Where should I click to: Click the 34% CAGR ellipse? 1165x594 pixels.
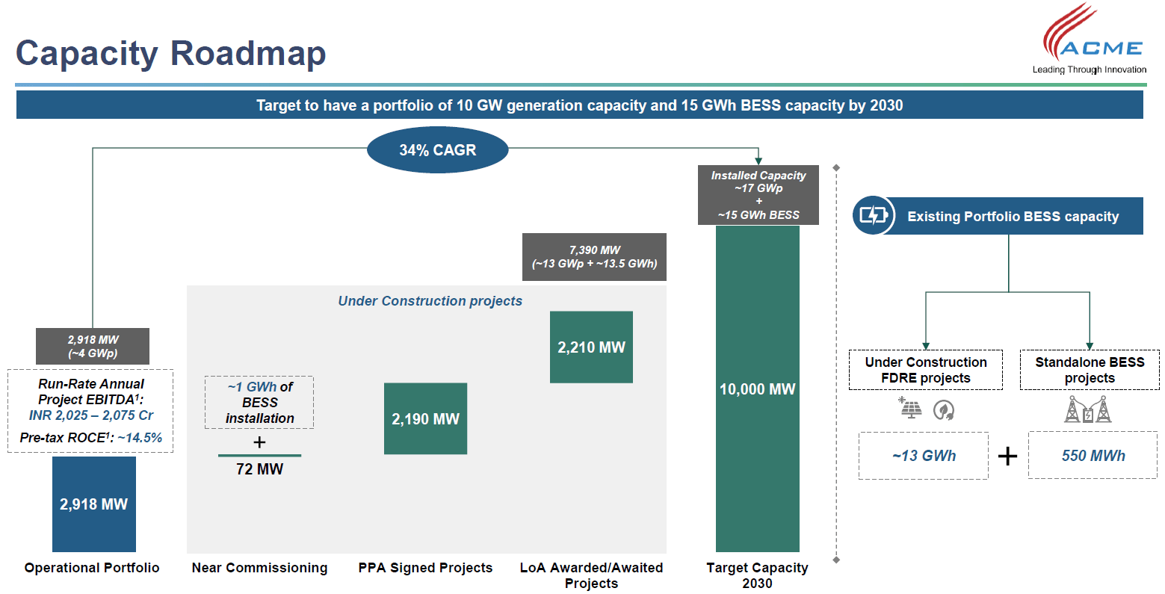(x=437, y=150)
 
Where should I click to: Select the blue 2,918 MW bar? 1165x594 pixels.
(x=94, y=504)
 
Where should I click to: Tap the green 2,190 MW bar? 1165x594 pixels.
(x=425, y=418)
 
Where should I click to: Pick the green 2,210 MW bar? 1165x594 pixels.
(x=591, y=347)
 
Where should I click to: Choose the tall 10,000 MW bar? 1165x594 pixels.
(x=757, y=389)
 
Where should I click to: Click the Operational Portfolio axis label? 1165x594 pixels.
(x=92, y=568)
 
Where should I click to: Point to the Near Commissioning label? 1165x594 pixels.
(x=259, y=568)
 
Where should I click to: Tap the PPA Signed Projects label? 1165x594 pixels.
(x=425, y=568)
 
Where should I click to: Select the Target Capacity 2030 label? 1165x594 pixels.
(x=757, y=575)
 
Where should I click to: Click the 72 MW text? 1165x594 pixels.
(x=259, y=469)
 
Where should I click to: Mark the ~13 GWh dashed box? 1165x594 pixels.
(x=924, y=456)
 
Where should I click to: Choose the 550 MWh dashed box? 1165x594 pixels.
(x=1093, y=456)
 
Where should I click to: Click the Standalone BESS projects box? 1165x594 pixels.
(x=1090, y=370)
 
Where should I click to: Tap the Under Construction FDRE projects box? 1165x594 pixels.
(x=925, y=370)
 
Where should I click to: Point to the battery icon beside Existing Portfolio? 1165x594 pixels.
(x=873, y=216)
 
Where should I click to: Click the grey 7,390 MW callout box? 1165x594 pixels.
(x=594, y=257)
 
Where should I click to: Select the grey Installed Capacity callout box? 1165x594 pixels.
(x=758, y=195)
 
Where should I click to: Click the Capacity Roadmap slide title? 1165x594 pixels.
(x=171, y=54)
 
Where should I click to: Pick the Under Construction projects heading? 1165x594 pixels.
(x=430, y=301)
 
